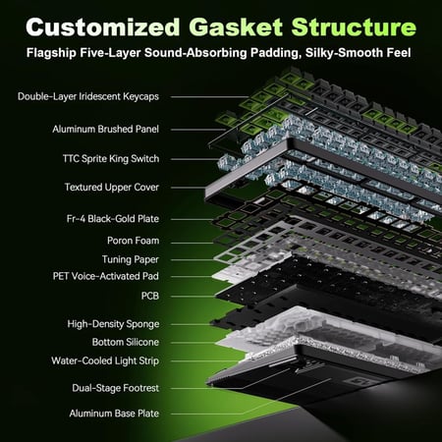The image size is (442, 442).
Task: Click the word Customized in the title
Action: [103, 27]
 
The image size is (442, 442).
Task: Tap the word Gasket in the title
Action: [236, 27]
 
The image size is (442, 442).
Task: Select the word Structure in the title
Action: [354, 27]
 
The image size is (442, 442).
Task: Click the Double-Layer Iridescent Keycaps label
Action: [88, 96]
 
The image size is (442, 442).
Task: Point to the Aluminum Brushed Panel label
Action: [105, 129]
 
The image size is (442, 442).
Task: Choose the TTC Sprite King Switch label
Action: [111, 159]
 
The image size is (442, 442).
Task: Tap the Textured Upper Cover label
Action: [112, 188]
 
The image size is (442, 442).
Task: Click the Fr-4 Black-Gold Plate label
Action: [113, 219]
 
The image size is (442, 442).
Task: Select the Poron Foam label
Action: [134, 241]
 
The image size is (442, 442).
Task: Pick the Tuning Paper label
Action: [131, 259]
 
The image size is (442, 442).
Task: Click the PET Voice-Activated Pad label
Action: [106, 276]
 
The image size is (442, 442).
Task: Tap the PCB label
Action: [150, 296]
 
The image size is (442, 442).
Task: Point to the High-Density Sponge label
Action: [113, 324]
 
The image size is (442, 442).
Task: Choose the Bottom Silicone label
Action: [126, 342]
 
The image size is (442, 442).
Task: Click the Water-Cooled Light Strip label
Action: [105, 360]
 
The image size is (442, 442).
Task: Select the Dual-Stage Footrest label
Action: [116, 388]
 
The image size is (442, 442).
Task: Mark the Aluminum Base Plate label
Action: [114, 414]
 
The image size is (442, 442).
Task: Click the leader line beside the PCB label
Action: [193, 297]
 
